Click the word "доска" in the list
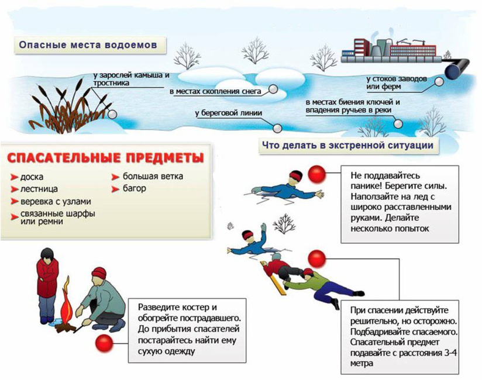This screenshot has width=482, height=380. (32, 177)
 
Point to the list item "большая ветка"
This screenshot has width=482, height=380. (153, 176)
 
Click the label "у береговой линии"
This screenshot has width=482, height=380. (228, 113)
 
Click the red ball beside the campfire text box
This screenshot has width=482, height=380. (123, 343)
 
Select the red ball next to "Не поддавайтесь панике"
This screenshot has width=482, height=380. (318, 175)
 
